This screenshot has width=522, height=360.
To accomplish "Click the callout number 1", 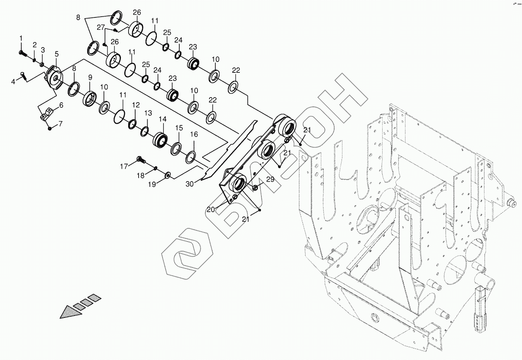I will coord(21,38).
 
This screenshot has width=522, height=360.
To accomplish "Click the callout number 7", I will coord(60,124).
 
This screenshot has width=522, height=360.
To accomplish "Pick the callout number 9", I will coord(90,77).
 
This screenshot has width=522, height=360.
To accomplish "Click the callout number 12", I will coord(136,105).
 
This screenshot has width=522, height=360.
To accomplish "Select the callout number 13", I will coord(148,113).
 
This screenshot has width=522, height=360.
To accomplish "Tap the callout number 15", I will coord(179,128).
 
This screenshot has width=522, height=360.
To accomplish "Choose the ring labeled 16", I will coord(191,157).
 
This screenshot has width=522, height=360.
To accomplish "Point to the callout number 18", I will coord(140,176).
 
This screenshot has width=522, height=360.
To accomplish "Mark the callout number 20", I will coord(210,209).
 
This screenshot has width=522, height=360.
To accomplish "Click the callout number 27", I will coord(101,27).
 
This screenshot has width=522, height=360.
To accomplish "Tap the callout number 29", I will coord(270,179).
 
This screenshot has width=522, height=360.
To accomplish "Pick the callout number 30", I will coord(190,184).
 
